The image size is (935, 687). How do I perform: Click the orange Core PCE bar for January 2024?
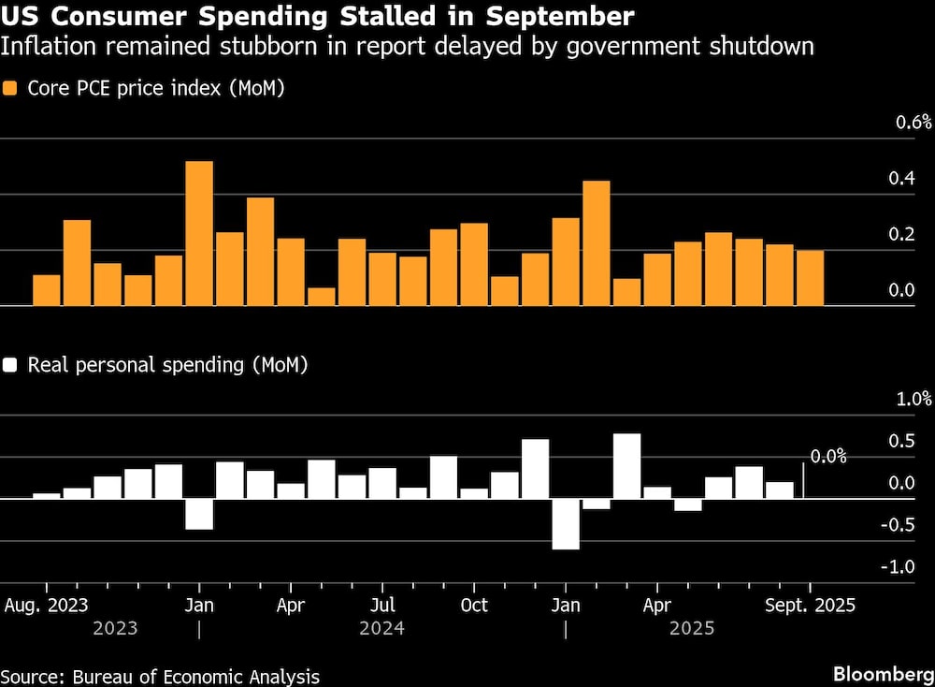[199, 233]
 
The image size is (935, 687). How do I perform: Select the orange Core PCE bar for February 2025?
[596, 243]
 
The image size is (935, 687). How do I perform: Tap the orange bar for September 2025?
[810, 278]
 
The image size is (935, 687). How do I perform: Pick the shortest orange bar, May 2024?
[322, 296]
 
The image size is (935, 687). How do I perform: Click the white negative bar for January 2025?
[565, 523]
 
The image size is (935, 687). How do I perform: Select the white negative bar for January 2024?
[199, 514]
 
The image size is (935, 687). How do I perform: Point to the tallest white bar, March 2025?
[626, 466]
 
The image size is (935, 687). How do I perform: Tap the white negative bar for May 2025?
[687, 504]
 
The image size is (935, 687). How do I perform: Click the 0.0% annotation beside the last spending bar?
[827, 457]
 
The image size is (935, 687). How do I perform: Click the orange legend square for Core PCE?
[11, 90]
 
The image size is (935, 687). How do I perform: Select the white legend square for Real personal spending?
[11, 365]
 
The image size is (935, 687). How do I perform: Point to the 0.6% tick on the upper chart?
[914, 123]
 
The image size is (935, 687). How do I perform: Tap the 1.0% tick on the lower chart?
[914, 400]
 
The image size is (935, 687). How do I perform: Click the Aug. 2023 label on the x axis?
[47, 605]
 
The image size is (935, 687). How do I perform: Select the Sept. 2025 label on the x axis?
[810, 605]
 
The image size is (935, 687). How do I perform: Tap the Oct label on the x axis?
[474, 605]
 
